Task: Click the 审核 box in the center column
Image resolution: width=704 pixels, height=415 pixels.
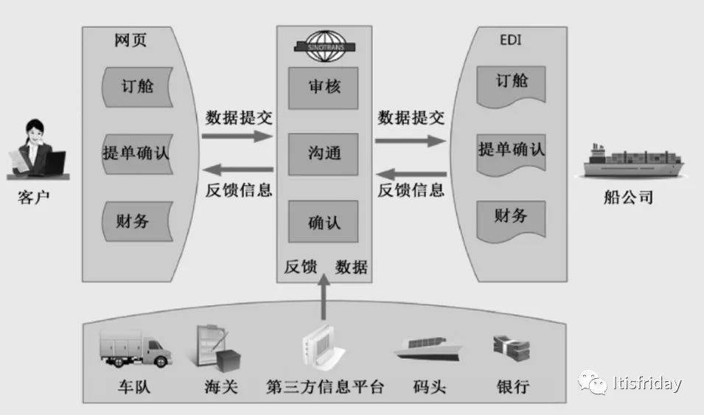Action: tap(324, 88)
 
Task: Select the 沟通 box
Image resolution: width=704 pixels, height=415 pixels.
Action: tap(324, 154)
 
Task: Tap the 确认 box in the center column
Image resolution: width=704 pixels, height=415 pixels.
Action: tap(324, 221)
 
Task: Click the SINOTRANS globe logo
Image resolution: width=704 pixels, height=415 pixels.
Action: tap(324, 46)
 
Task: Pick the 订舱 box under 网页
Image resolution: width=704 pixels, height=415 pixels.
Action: tap(137, 87)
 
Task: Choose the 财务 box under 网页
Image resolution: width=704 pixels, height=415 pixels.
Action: tap(137, 221)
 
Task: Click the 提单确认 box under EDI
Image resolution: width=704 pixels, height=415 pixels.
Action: tap(511, 153)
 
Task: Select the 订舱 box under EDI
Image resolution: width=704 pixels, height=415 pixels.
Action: tap(511, 86)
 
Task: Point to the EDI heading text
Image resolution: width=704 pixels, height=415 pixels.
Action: tap(510, 40)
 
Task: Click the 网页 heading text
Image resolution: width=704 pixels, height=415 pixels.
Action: tap(130, 40)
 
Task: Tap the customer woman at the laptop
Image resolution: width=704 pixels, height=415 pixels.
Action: tap(38, 149)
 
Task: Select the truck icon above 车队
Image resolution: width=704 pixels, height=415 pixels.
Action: tap(135, 349)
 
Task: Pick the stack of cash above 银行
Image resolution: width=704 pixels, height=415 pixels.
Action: tap(512, 349)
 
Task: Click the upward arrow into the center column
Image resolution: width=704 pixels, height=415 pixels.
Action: tap(324, 296)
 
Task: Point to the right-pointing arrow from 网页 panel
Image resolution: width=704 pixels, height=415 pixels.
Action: tap(237, 136)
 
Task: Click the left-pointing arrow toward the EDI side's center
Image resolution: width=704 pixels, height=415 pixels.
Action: tap(411, 174)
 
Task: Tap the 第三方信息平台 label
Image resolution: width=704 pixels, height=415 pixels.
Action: tap(325, 387)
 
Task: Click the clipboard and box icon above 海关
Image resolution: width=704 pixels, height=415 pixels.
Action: tap(217, 348)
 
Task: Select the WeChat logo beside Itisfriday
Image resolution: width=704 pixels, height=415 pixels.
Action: tap(592, 383)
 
